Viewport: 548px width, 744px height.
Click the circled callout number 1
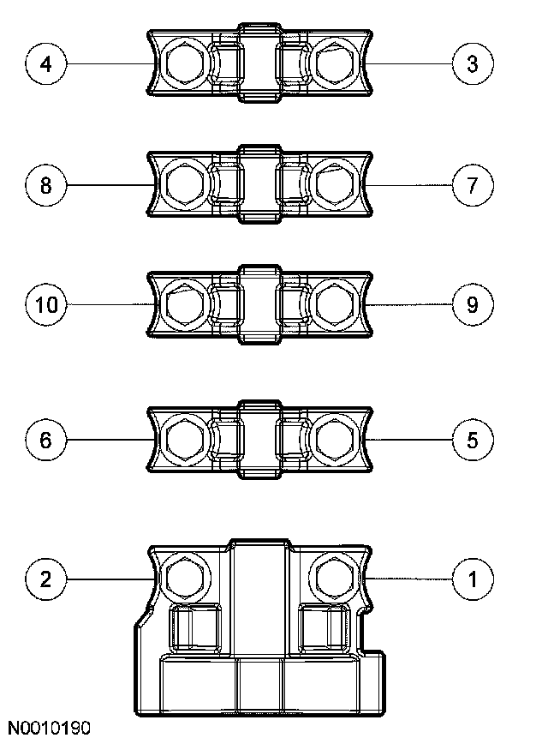472,579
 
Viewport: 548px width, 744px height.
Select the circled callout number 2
46,579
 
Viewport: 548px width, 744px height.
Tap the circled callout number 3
472,64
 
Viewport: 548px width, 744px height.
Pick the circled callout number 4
46,64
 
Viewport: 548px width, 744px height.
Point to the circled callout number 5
472,440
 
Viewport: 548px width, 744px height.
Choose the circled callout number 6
46,440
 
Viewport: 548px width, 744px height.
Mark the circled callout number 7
472,184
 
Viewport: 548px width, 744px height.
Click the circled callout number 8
46,184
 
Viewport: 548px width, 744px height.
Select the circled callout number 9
472,304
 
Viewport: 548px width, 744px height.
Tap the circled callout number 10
46,304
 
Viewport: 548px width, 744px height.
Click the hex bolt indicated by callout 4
183,63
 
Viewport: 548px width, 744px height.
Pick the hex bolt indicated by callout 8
183,184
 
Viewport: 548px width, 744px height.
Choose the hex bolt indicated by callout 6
183,440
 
